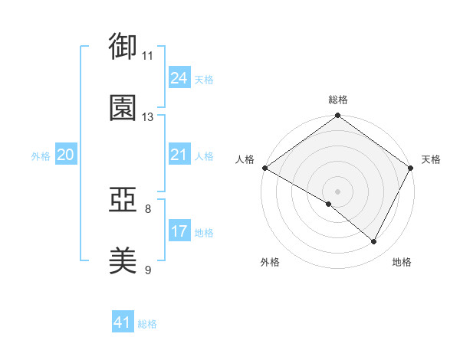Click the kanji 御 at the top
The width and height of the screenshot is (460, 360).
tap(123, 46)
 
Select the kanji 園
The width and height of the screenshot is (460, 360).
tap(123, 108)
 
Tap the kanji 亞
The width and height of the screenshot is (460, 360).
tap(123, 200)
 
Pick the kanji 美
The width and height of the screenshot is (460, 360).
tap(123, 261)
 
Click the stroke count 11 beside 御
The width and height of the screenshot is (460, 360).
tap(148, 56)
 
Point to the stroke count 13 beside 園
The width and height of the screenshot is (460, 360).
tap(148, 117)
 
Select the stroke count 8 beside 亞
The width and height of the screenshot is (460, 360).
tap(148, 208)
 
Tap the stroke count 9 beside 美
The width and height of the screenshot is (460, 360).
tap(148, 270)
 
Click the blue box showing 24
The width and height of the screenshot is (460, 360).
tap(179, 78)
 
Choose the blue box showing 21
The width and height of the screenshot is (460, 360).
tap(179, 155)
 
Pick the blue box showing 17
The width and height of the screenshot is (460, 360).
tap(179, 231)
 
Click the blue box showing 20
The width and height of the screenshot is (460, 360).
tap(66, 155)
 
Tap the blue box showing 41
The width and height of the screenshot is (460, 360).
tap(123, 323)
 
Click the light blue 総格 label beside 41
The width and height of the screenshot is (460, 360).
tap(147, 325)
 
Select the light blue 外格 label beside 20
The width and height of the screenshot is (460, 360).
tap(41, 156)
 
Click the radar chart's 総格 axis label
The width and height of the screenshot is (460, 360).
tap(337, 100)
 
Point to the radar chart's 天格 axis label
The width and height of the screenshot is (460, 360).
tap(431, 159)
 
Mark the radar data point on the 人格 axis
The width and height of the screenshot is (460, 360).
tap(264, 168)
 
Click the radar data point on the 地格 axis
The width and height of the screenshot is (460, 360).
tap(374, 242)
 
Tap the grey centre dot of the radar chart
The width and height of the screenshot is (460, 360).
tap(337, 191)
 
